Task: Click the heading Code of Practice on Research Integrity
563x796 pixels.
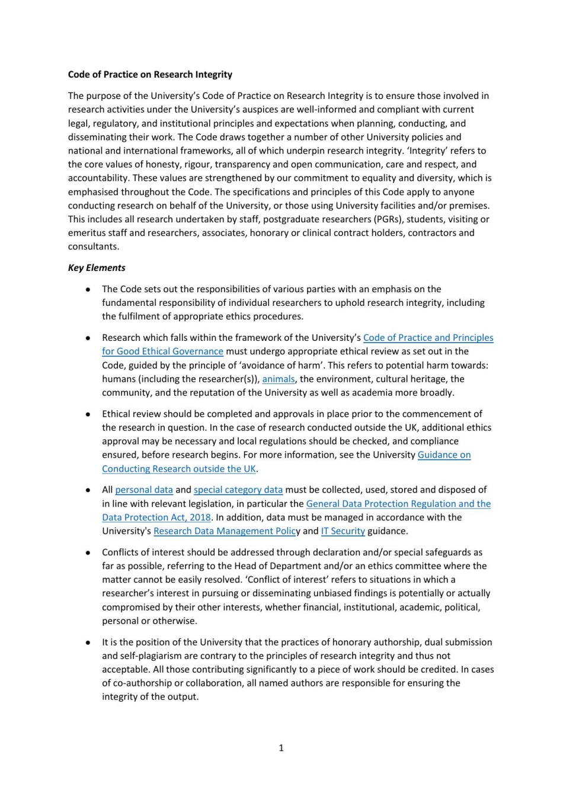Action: click(x=150, y=75)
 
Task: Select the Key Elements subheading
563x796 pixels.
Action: click(x=97, y=267)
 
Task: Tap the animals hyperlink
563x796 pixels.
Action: click(x=278, y=379)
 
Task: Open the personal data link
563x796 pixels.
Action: click(x=144, y=490)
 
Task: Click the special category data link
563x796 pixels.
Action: click(x=238, y=490)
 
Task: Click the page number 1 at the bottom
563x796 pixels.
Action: click(x=281, y=748)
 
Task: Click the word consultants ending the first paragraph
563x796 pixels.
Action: click(x=94, y=247)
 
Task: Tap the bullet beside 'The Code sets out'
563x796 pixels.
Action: click(x=88, y=289)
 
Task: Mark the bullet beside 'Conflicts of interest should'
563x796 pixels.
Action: click(x=88, y=552)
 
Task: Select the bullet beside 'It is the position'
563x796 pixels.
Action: click(x=88, y=642)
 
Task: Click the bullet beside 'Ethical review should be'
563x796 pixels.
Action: click(x=88, y=414)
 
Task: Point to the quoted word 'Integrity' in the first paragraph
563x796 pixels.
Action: click(x=423, y=151)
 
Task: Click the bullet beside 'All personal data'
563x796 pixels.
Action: click(x=88, y=490)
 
